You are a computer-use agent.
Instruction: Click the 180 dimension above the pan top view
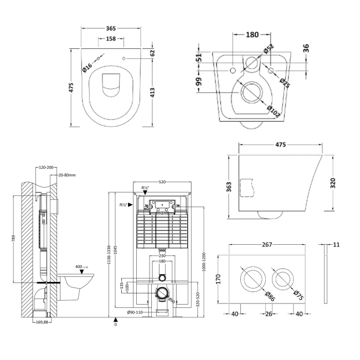click(252, 34)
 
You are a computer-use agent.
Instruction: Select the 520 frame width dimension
click(162, 181)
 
